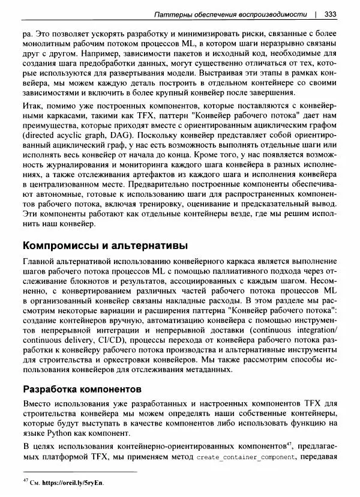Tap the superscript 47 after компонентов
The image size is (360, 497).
(x=289, y=444)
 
